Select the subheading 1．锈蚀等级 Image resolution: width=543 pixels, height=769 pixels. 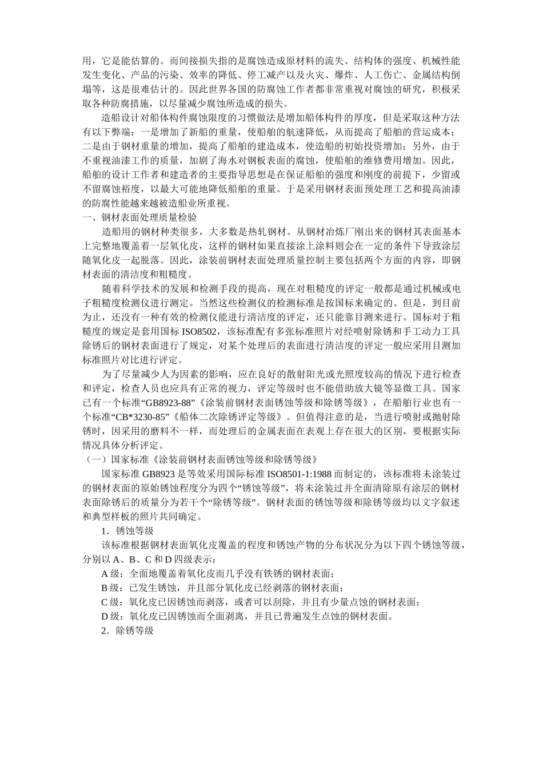click(127, 530)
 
